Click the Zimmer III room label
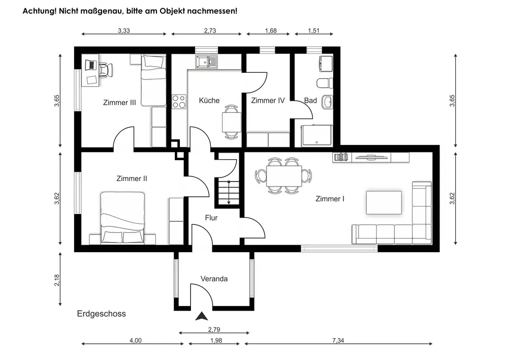point(119,103)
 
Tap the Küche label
point(209,101)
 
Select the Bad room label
point(310,101)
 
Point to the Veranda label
point(214,279)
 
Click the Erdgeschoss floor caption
point(101,314)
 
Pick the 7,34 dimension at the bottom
point(340,340)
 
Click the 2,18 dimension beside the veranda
point(57,280)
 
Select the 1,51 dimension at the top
point(313,31)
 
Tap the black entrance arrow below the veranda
point(202,316)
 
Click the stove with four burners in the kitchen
point(179,101)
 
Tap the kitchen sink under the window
point(206,62)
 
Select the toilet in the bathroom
point(324,82)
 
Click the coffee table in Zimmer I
point(384,202)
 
